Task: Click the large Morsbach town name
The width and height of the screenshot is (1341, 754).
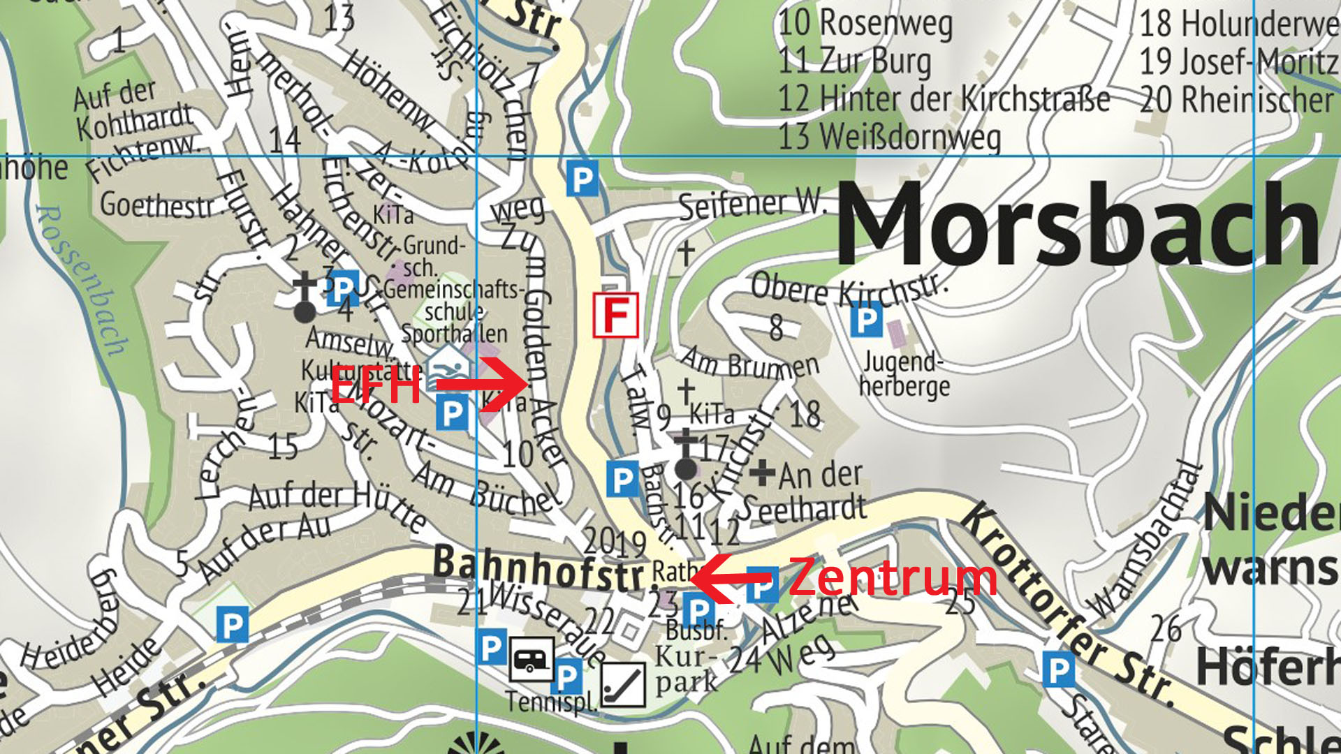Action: (1079, 223)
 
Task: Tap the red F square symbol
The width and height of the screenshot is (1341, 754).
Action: (615, 316)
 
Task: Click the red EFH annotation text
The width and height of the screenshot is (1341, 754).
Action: (376, 384)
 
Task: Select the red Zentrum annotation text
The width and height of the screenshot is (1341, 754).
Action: (893, 578)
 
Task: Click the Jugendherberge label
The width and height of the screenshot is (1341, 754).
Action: (904, 374)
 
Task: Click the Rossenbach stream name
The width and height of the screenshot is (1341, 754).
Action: (80, 279)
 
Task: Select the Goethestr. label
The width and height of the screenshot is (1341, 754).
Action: (157, 205)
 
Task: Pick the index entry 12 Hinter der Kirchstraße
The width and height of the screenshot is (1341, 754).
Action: (943, 98)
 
